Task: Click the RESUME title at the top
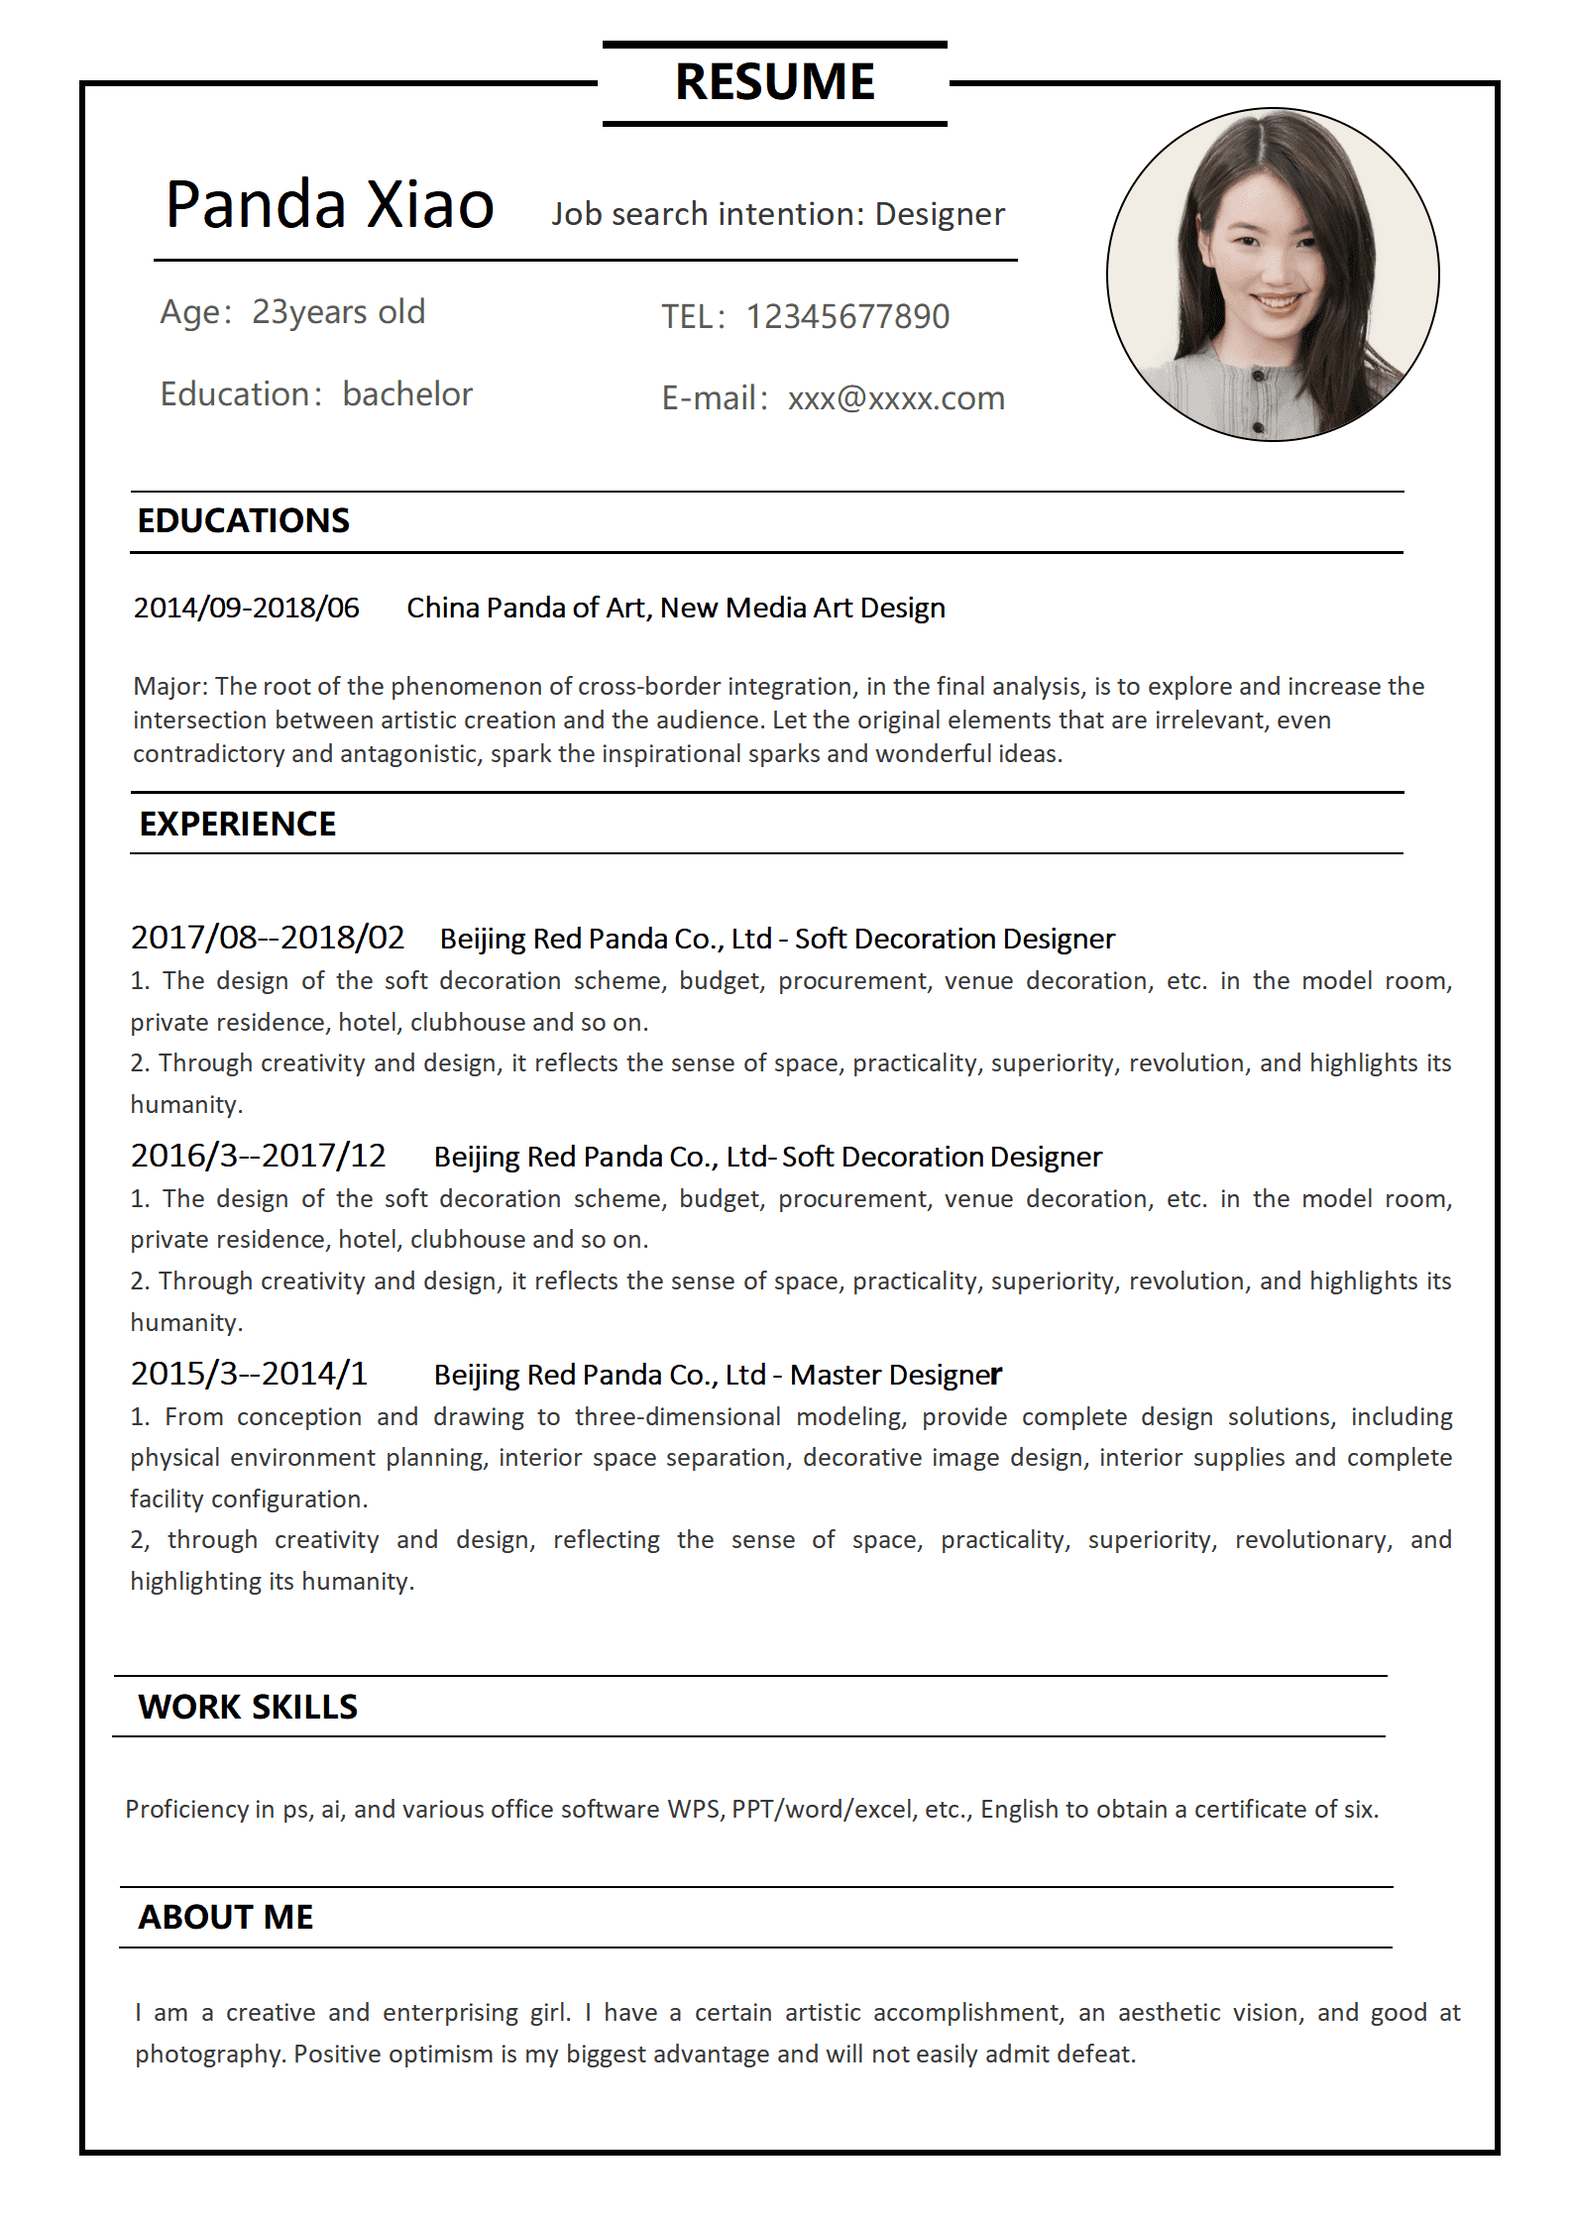coord(774,82)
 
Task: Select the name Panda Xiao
coord(329,205)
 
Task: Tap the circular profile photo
coord(1272,275)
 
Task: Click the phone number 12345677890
coord(846,317)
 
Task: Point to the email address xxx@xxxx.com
coord(896,398)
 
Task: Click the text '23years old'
coord(338,312)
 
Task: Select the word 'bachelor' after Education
coord(407,394)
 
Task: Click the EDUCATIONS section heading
coord(243,521)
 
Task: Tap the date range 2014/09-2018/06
coord(246,608)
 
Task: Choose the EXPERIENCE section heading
coord(237,825)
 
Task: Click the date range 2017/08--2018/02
coord(268,938)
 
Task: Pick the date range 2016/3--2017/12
coord(258,1156)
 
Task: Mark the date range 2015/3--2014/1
coord(249,1374)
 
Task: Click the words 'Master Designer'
coord(895,1375)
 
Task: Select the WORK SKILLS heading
coord(248,1707)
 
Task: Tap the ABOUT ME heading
coord(226,1917)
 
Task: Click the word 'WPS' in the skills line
coord(694,1809)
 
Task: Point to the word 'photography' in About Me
coord(210,2054)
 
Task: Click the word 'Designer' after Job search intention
coord(940,214)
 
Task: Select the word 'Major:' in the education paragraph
coord(170,686)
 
